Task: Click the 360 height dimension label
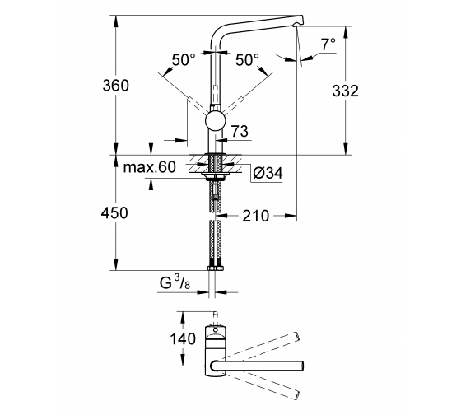click(x=115, y=86)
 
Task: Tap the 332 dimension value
click(x=346, y=91)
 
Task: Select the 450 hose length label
click(x=114, y=212)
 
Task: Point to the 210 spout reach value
click(x=255, y=217)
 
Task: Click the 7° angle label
click(x=328, y=44)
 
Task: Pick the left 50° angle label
click(x=184, y=60)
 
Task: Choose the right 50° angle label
click(x=247, y=60)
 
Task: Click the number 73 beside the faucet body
click(x=240, y=131)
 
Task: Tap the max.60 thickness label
click(x=149, y=167)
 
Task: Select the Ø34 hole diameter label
click(x=268, y=173)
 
